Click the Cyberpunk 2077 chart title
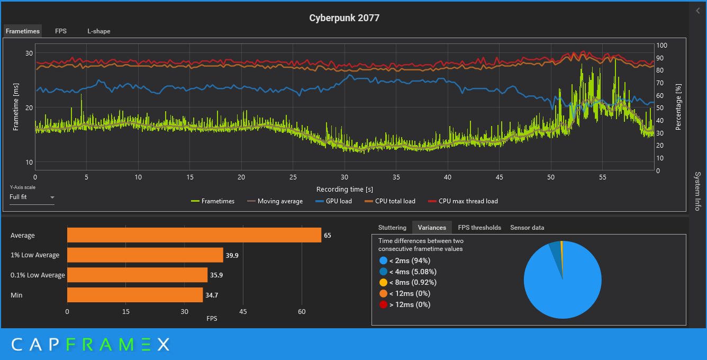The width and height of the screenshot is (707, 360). (344, 18)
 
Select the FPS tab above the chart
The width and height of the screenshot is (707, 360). (61, 31)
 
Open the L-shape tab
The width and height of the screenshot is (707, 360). (99, 31)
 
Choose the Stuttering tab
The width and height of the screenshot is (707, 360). (392, 228)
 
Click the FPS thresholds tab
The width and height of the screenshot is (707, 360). (479, 228)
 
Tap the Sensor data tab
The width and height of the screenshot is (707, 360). (527, 228)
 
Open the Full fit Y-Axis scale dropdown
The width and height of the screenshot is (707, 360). (32, 197)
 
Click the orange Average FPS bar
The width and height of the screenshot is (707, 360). (194, 235)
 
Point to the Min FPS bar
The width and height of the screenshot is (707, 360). (135, 295)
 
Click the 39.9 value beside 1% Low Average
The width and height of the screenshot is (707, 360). (232, 255)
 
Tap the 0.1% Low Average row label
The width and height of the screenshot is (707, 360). (38, 275)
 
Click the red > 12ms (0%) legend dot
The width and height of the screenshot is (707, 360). (384, 304)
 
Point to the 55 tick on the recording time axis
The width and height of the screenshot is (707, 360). (603, 178)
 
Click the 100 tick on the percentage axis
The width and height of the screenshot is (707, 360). (661, 46)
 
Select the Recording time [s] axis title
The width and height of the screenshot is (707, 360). (345, 189)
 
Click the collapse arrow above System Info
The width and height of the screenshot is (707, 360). (697, 11)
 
